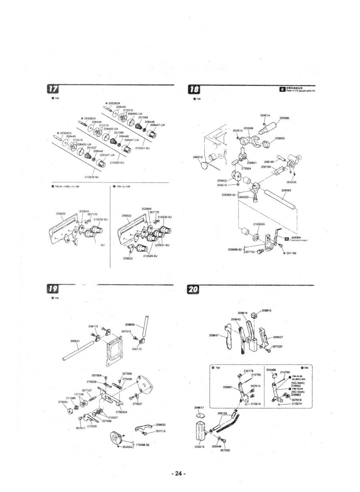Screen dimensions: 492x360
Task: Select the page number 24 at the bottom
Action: [x=178, y=474]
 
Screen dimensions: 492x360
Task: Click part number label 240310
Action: [x=198, y=157]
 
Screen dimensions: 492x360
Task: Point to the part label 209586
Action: [x=284, y=118]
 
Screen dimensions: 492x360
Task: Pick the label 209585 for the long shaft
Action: [x=286, y=190]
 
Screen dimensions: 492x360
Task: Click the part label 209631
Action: [x=76, y=341]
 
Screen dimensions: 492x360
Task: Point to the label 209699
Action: [x=130, y=325]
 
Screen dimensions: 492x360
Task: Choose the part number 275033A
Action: [x=121, y=412]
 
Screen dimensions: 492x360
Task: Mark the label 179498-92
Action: [x=142, y=445]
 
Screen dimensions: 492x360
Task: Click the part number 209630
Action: [x=160, y=425]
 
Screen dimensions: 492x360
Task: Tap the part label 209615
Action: [x=266, y=310]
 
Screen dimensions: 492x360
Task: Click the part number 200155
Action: [x=222, y=413]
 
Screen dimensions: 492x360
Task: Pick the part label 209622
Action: [x=128, y=258]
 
